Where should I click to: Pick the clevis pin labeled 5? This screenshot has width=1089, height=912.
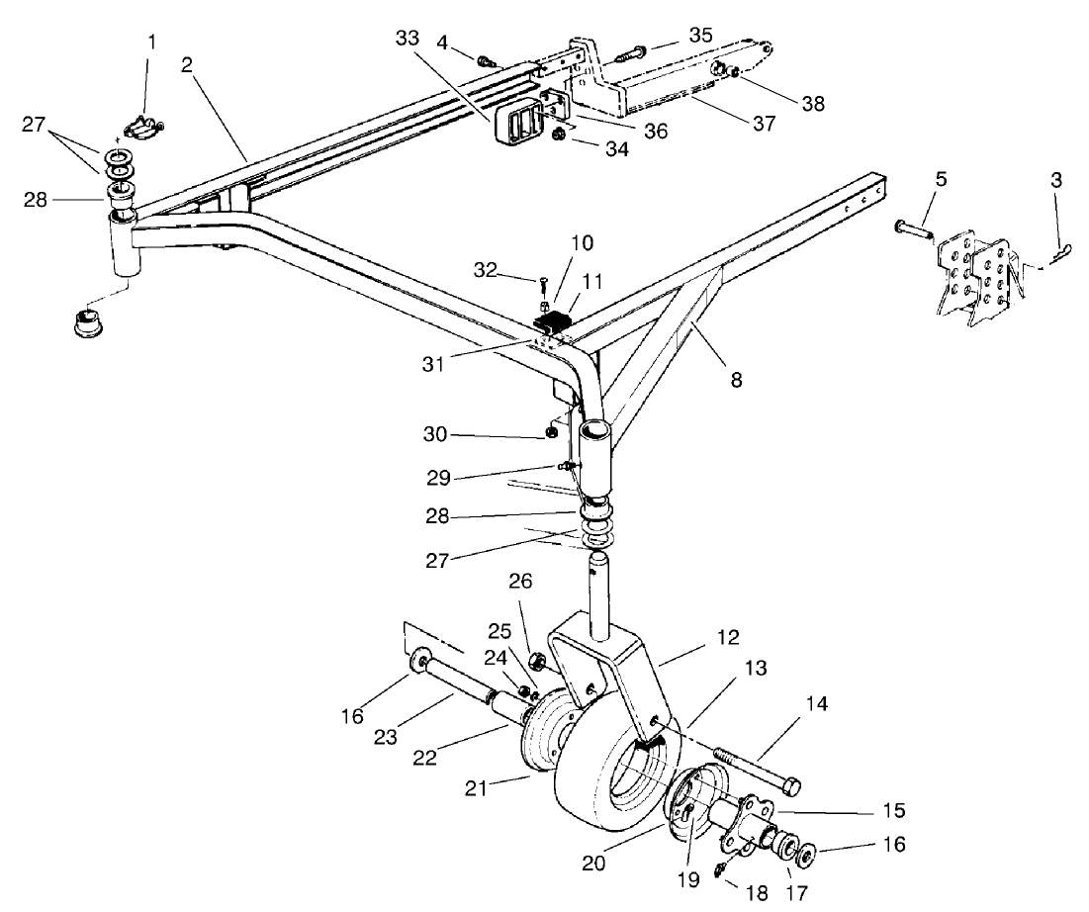tap(914, 229)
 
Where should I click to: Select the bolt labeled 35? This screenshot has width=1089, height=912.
tap(634, 48)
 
